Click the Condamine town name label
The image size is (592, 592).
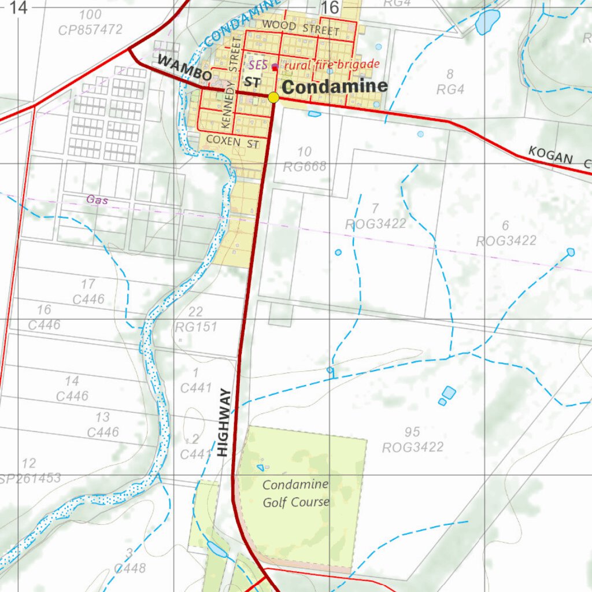tap(335, 87)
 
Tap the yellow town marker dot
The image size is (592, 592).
tap(273, 98)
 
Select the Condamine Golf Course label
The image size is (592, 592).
tap(295, 493)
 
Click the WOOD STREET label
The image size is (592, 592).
tap(300, 28)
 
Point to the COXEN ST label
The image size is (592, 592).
tap(232, 142)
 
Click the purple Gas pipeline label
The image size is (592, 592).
tap(97, 199)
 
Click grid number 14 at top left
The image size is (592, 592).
tap(18, 8)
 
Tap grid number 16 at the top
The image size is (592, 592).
tap(330, 8)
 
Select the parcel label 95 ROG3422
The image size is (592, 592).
tap(413, 439)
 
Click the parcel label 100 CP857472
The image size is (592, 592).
tap(90, 22)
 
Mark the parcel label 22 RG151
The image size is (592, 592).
tap(196, 320)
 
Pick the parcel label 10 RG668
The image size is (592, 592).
tap(305, 160)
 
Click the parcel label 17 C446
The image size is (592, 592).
tap(88, 291)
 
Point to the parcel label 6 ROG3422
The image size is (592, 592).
tap(506, 233)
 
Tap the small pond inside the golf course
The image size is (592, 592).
tap(260, 468)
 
